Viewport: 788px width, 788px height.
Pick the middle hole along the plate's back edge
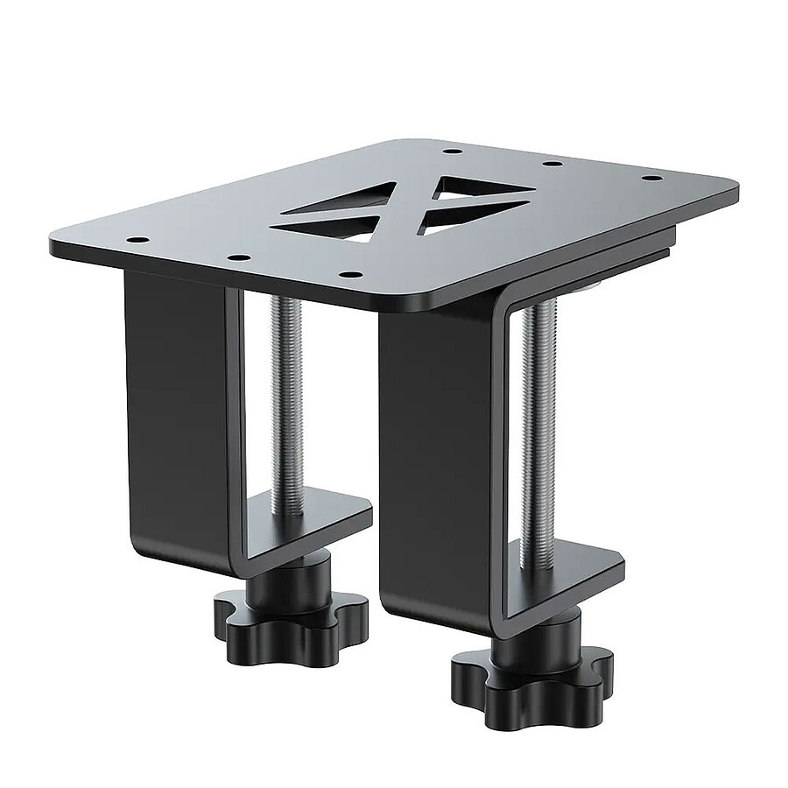[552, 164]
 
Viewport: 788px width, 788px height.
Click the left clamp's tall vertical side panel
[175, 394]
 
